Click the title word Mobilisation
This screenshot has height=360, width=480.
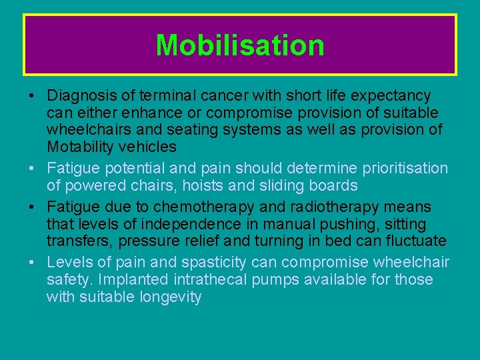click(x=240, y=45)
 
